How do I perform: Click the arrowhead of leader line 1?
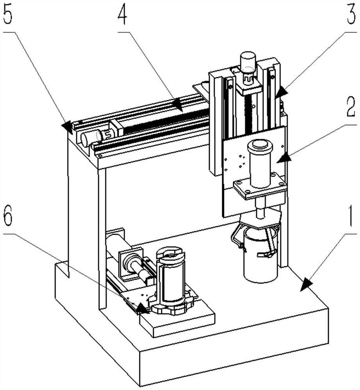tap(306, 285)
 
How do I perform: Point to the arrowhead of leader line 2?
tap(284, 158)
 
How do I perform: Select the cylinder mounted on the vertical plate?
tap(260, 164)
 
